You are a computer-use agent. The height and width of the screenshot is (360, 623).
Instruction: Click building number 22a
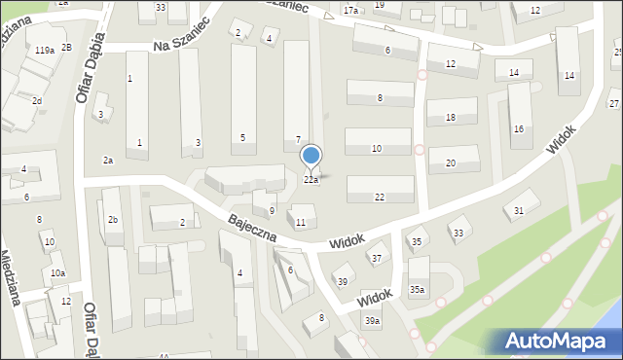(x=311, y=180)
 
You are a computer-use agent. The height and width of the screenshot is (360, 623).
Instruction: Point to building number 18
(x=450, y=118)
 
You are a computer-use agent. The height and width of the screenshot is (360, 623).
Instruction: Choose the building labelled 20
(x=451, y=162)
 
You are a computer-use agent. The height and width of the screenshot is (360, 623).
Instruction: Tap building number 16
(x=519, y=128)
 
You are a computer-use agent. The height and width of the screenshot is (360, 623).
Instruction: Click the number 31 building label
(x=520, y=210)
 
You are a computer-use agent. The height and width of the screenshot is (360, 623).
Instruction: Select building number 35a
(x=417, y=289)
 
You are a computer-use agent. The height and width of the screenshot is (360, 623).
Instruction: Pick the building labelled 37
(x=376, y=258)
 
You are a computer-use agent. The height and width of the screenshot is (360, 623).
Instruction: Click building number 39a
(x=372, y=321)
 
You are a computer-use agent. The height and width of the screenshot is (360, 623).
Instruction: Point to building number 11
(x=301, y=223)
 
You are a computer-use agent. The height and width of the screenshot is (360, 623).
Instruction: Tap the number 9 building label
(x=272, y=210)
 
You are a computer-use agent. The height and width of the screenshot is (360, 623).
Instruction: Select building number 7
(x=298, y=140)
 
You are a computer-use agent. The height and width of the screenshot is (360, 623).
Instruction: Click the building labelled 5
(x=242, y=137)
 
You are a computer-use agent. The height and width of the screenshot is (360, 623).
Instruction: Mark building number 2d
(x=36, y=100)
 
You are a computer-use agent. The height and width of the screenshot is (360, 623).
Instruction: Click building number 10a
(x=58, y=273)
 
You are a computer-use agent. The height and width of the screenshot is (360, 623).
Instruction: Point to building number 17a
(x=350, y=10)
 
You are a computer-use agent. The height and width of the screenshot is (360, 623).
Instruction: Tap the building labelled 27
(x=614, y=103)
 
